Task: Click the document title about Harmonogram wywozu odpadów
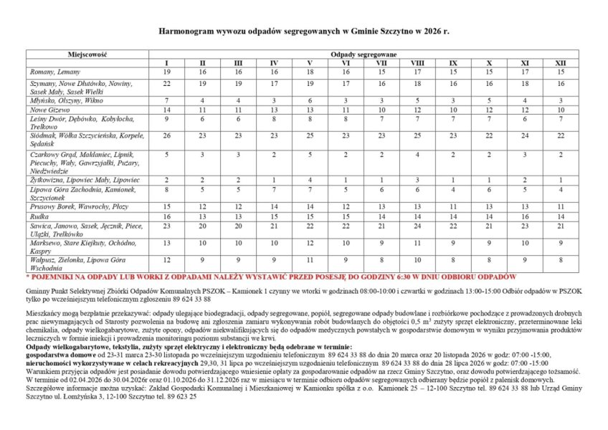click(x=303, y=32)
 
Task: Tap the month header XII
click(x=560, y=64)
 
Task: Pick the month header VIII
click(x=417, y=64)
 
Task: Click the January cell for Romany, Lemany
click(x=166, y=72)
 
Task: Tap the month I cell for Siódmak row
click(x=166, y=135)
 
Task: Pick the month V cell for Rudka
click(x=310, y=216)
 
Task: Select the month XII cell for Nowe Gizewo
click(x=560, y=110)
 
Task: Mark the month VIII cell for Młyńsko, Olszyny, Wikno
click(x=417, y=100)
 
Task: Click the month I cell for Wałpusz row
click(x=166, y=259)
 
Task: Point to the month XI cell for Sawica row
click(x=524, y=225)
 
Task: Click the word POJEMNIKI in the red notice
click(x=52, y=276)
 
